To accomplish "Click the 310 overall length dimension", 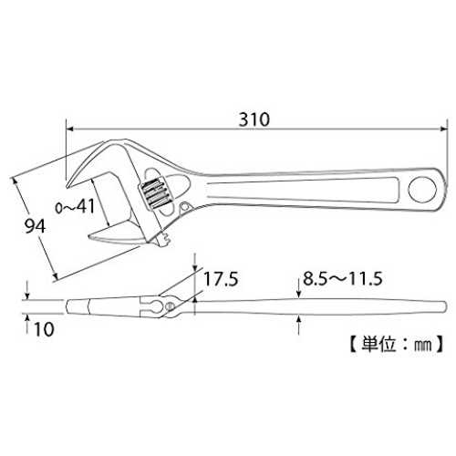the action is click(254, 119).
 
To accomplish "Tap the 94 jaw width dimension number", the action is click(35, 226).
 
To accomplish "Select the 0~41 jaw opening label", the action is click(75, 207).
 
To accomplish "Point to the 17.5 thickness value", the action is click(221, 279).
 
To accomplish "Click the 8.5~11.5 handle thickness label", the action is click(342, 279).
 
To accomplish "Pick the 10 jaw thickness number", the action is click(45, 329).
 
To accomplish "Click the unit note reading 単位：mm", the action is click(396, 345).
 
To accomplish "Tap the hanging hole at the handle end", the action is click(422, 190).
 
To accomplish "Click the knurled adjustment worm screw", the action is click(155, 193).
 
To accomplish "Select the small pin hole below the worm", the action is click(184, 207).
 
